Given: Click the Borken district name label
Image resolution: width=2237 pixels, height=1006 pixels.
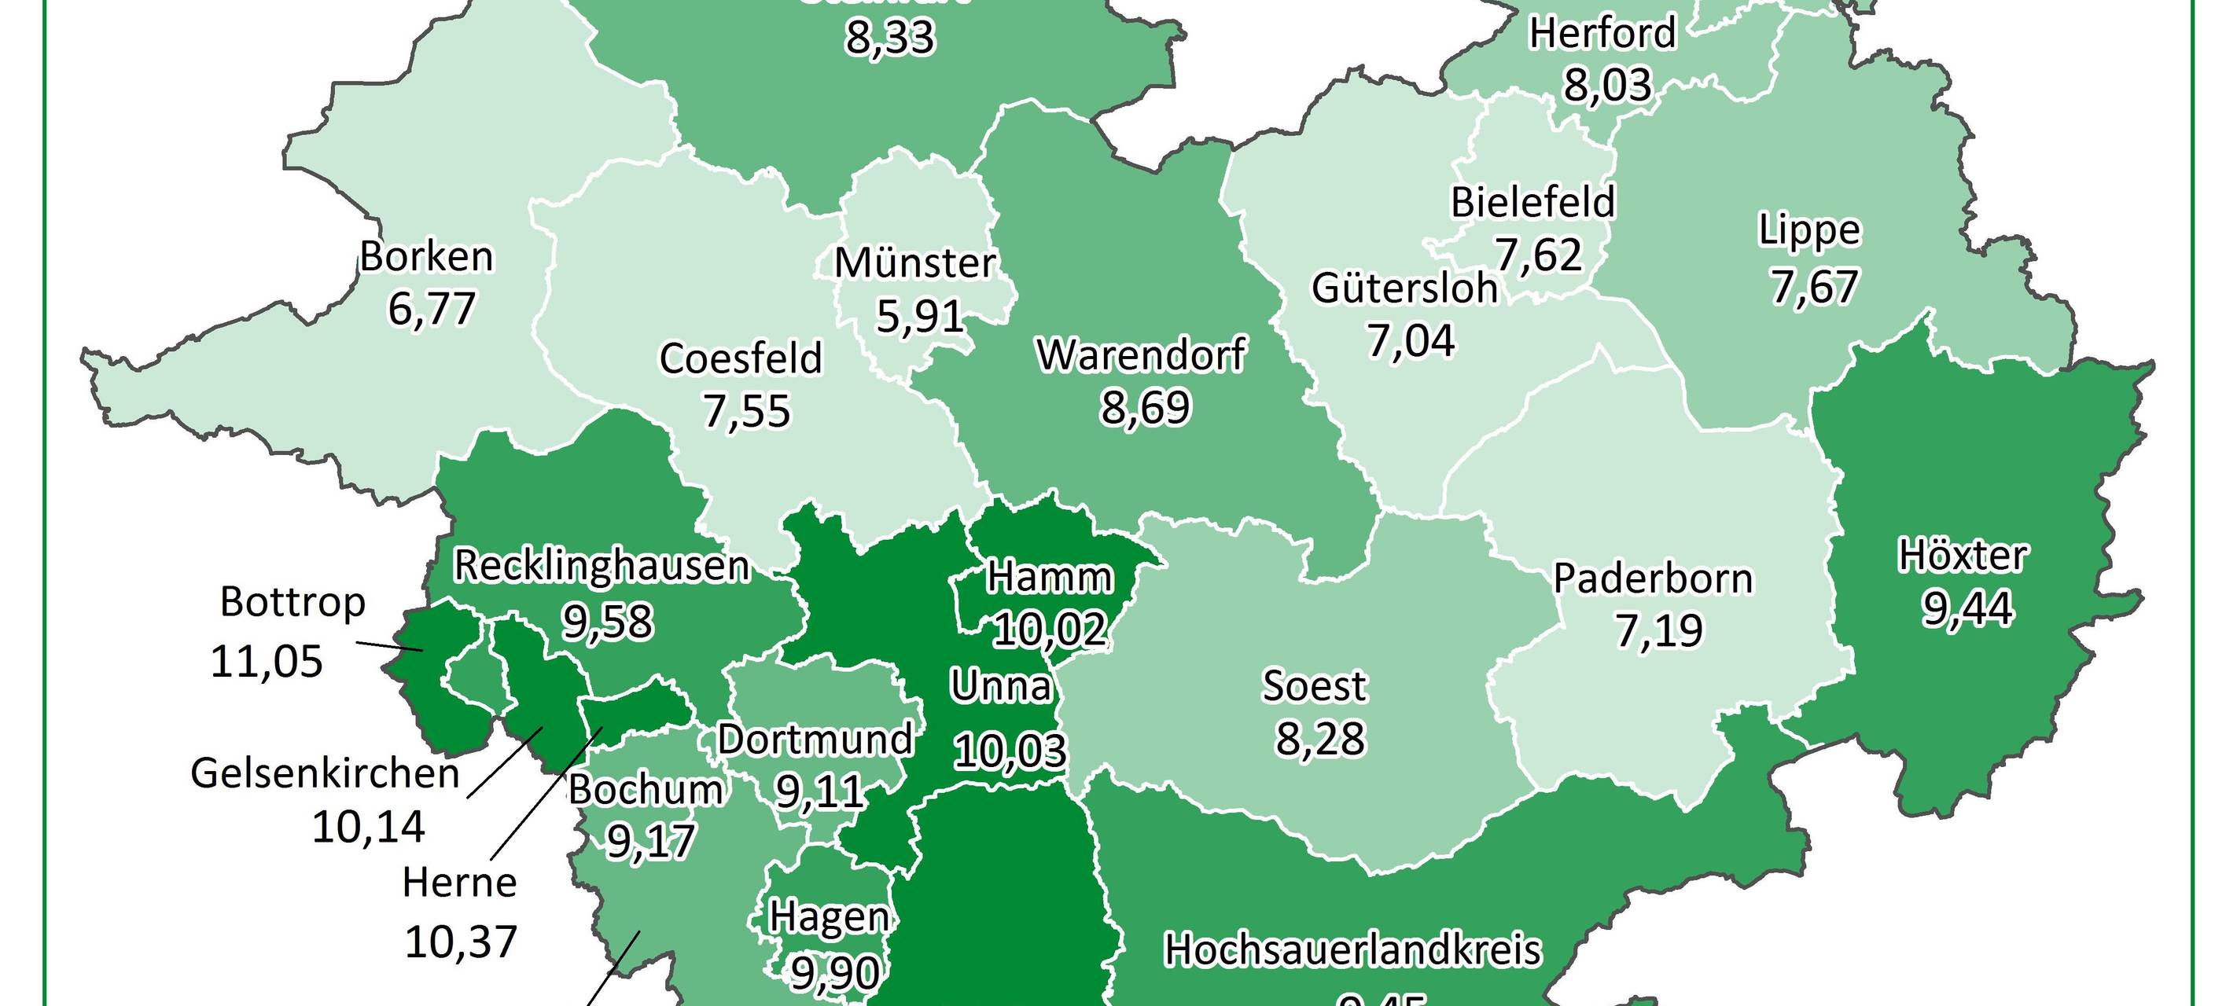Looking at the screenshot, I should [x=426, y=257].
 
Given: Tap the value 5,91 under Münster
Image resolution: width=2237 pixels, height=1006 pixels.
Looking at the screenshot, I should [x=920, y=316].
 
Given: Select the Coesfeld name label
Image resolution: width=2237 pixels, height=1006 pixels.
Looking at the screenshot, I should [x=740, y=358].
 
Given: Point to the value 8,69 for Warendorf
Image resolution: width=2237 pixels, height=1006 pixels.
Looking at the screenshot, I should [x=1146, y=407].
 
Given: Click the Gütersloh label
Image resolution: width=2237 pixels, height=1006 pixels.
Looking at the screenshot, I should [x=1404, y=289].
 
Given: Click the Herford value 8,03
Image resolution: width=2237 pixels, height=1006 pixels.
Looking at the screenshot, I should [x=1607, y=85].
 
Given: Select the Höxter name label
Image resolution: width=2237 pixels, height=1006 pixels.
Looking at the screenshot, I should [x=1963, y=556].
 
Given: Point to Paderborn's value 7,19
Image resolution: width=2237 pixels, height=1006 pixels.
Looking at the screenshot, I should [x=1658, y=631].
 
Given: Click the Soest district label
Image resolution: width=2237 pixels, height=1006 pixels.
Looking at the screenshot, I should [x=1314, y=685].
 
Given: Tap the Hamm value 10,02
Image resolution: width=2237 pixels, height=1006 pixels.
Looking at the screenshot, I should [x=1049, y=630].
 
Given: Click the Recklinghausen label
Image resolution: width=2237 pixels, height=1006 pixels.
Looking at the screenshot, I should [x=601, y=566].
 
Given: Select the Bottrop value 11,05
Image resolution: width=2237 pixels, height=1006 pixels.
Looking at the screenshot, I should [x=267, y=662].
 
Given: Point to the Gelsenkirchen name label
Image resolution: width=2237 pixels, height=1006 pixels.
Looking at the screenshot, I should [x=325, y=773].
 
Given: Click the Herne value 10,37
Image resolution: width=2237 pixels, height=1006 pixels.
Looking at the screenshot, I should [x=461, y=941].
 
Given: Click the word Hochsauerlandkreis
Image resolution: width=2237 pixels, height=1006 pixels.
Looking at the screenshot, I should [x=1352, y=950].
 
